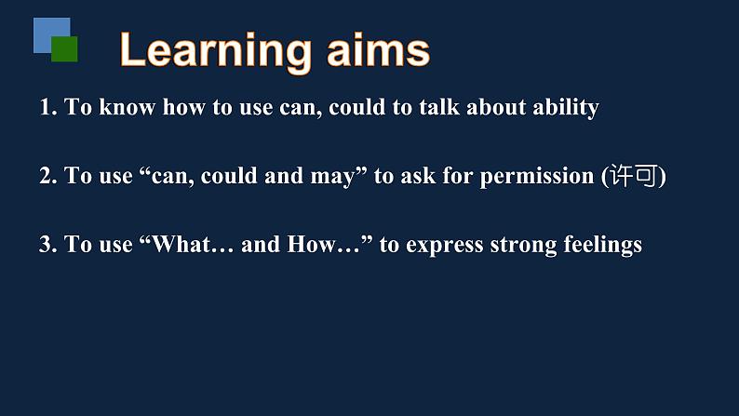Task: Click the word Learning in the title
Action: [x=215, y=52]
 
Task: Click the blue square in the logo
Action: [x=52, y=35]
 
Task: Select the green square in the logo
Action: [x=64, y=49]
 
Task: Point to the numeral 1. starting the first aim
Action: [x=48, y=107]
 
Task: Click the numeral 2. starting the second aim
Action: [x=48, y=176]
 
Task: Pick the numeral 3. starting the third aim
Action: [x=48, y=245]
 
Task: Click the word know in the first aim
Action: [x=128, y=107]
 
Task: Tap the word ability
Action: [x=566, y=108]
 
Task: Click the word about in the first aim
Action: [x=496, y=107]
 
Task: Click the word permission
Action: [x=537, y=177]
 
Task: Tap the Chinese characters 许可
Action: [x=633, y=176]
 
